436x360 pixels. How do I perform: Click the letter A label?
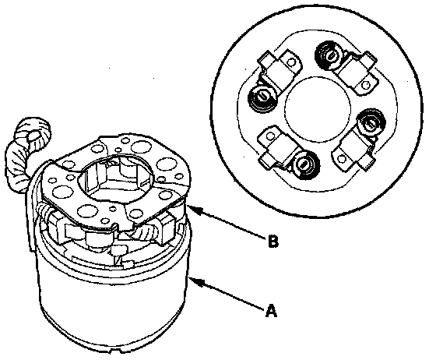tap(271, 310)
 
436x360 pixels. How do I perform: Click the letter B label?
tap(273, 242)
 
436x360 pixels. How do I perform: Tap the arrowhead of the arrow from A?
tap(194, 281)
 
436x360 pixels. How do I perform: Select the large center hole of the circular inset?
tap(318, 107)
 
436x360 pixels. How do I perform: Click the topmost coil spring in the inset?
tap(329, 56)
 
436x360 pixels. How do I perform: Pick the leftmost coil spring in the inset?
tap(262, 98)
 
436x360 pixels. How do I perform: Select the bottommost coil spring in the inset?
tap(304, 165)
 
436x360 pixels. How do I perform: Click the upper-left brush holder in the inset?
tap(281, 68)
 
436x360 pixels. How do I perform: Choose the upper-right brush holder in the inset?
tap(358, 73)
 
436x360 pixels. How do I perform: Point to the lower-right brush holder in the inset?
tap(353, 152)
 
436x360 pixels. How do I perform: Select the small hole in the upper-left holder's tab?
tap(291, 62)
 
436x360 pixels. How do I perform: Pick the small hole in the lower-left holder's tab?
tap(269, 136)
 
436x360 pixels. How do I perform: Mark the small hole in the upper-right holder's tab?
tap(367, 85)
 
